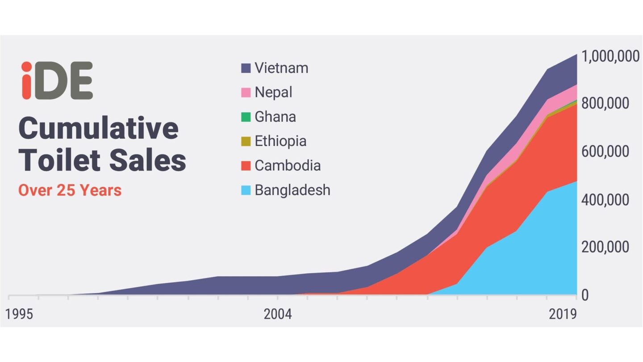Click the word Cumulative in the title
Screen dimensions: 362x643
[x=99, y=128]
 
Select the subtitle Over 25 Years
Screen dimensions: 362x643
[x=70, y=190]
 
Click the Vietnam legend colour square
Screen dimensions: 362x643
[x=246, y=68]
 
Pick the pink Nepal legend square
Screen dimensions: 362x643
[x=246, y=93]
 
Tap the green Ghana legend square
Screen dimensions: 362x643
[x=246, y=117]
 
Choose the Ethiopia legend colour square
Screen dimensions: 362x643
[x=246, y=141]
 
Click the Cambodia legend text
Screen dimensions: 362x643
[x=288, y=165]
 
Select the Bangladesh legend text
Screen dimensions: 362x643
[x=292, y=190]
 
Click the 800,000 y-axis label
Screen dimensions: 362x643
[x=605, y=104]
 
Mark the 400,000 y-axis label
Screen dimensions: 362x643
[x=605, y=200]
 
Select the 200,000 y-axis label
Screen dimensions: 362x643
[x=605, y=247]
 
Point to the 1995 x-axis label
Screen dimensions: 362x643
[x=19, y=314]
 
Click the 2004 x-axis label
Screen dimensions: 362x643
[x=277, y=314]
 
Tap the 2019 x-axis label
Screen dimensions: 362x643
[x=563, y=314]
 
